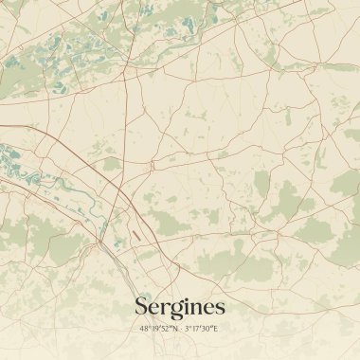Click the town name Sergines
pyautogui.click(x=180, y=306)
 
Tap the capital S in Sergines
pyautogui.click(x=142, y=306)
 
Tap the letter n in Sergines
pyautogui.click(x=196, y=308)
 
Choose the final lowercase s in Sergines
pyautogui.click(x=220, y=308)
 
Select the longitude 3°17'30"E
pyautogui.click(x=202, y=329)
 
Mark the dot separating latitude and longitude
pyautogui.click(x=181, y=329)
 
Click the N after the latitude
pyautogui.click(x=174, y=329)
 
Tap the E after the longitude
pyautogui.click(x=215, y=329)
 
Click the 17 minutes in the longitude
pyautogui.click(x=195, y=329)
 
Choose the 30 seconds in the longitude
pyautogui.click(x=206, y=329)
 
